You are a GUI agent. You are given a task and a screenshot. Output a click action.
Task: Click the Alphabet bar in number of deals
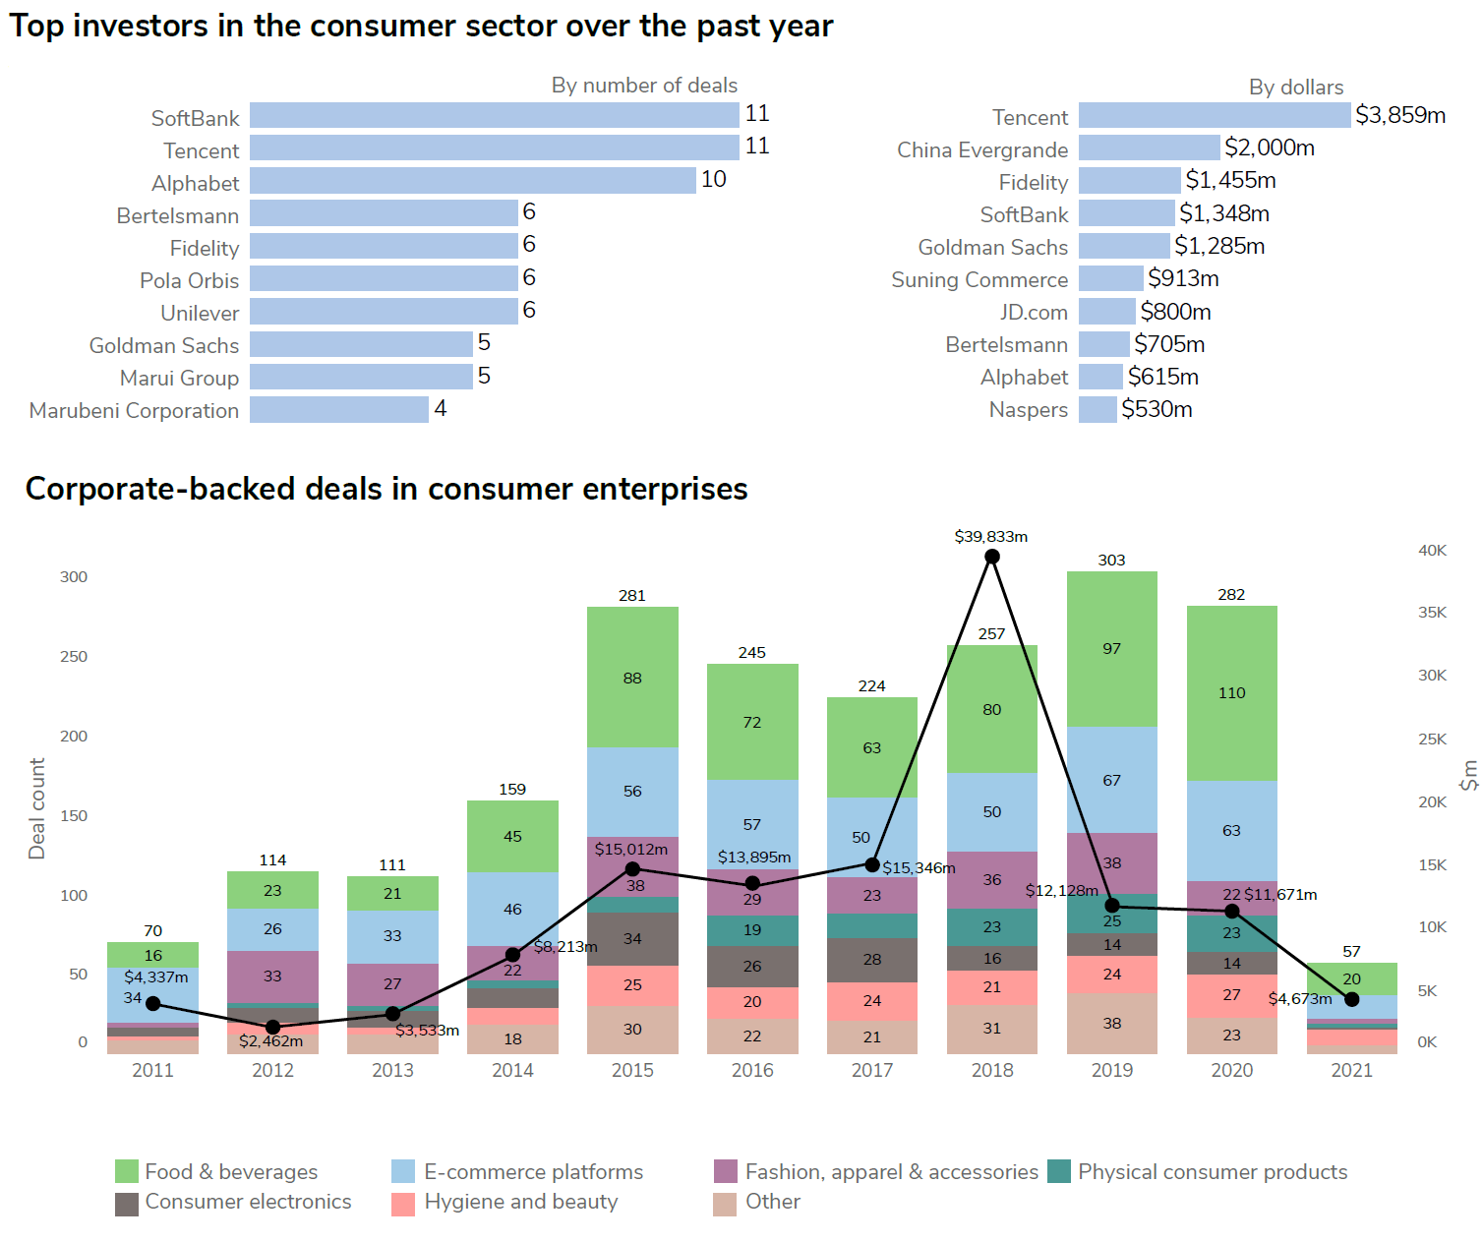pyautogui.click(x=472, y=181)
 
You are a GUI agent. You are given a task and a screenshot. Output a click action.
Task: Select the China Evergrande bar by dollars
pyautogui.click(x=1149, y=148)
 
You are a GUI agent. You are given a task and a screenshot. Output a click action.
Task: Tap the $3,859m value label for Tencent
pyautogui.click(x=1399, y=115)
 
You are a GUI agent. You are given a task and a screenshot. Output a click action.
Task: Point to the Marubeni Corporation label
pyautogui.click(x=134, y=411)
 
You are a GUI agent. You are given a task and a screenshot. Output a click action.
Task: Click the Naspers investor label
pyautogui.click(x=1028, y=410)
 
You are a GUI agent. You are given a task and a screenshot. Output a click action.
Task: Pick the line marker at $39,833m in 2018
pyautogui.click(x=992, y=557)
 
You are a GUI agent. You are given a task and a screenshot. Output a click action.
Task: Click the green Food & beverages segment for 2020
pyautogui.click(x=1231, y=693)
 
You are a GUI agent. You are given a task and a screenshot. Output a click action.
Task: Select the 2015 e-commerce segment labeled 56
pyautogui.click(x=632, y=792)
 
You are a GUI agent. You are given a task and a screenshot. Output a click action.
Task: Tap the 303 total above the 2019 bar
pyautogui.click(x=1111, y=560)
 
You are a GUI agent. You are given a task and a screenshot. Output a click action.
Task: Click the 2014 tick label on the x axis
pyautogui.click(x=512, y=1070)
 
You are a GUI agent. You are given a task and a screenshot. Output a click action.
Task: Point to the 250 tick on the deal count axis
pyautogui.click(x=74, y=657)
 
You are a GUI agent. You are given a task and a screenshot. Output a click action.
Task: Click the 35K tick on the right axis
pyautogui.click(x=1432, y=613)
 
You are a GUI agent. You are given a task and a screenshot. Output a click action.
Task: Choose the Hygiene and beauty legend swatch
pyautogui.click(x=403, y=1204)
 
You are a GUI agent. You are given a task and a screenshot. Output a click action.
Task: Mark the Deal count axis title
pyautogui.click(x=37, y=808)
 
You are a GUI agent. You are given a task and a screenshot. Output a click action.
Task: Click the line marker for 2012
pyautogui.click(x=273, y=1028)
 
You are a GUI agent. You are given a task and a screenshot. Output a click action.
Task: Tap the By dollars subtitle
pyautogui.click(x=1295, y=88)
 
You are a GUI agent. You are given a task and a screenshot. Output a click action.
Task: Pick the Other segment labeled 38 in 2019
pyautogui.click(x=1111, y=1024)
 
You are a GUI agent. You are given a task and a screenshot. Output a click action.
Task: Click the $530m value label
pyautogui.click(x=1157, y=410)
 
